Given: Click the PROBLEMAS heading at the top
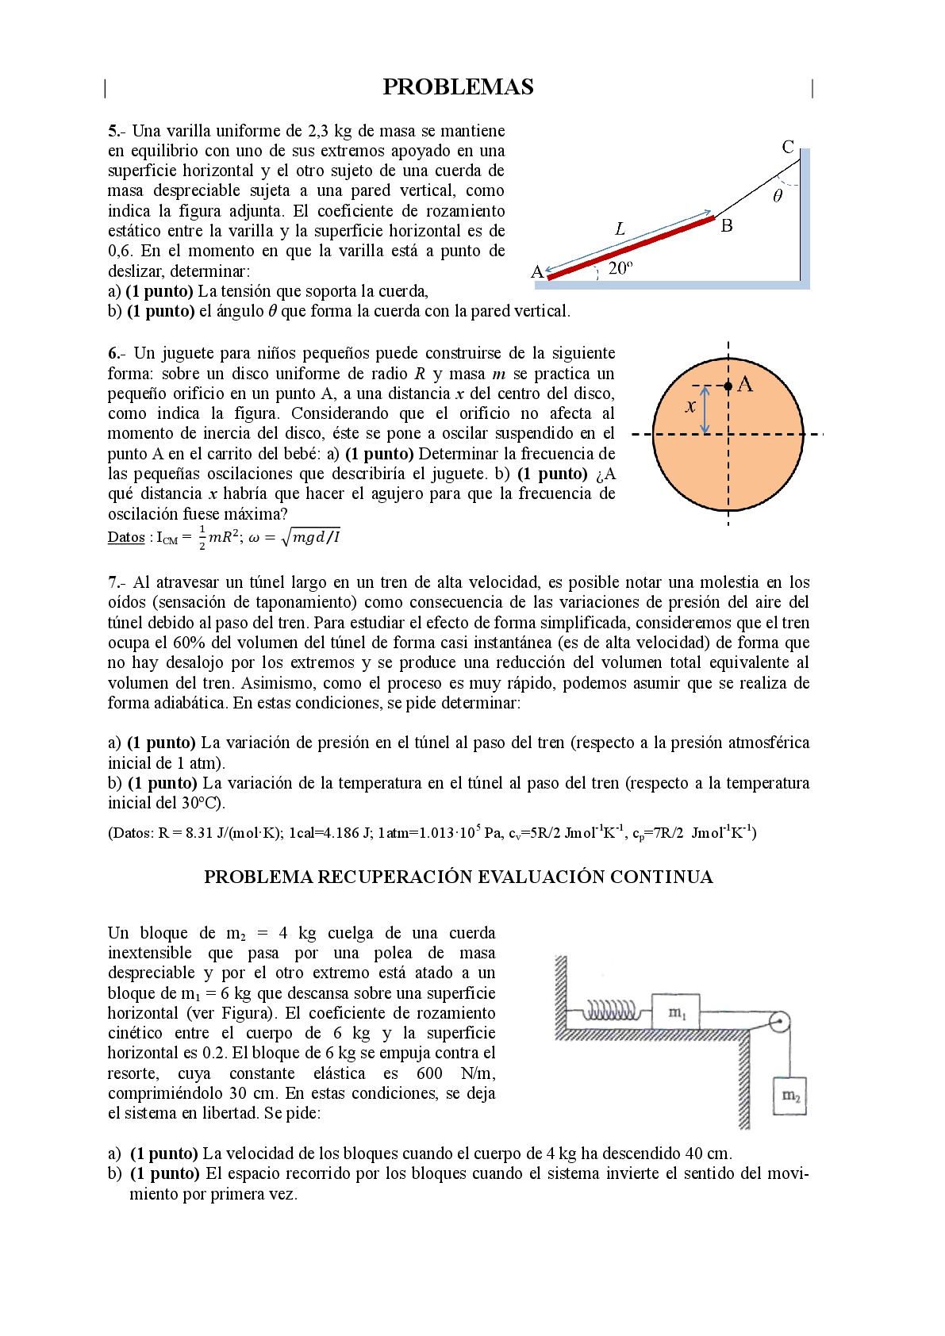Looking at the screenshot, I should [x=458, y=87].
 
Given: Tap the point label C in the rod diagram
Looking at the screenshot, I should [x=787, y=147].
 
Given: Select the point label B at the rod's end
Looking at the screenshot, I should [x=726, y=226].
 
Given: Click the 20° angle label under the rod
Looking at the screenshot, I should [x=620, y=268].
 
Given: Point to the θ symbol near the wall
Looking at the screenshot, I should [x=777, y=196].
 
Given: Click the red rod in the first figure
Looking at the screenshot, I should [x=631, y=248].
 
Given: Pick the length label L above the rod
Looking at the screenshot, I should [x=620, y=229].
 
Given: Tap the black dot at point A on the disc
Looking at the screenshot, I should [x=728, y=386].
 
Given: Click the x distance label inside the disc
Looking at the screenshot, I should [x=690, y=406].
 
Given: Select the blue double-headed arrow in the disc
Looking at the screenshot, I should [x=705, y=410].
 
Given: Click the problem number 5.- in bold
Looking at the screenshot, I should [x=116, y=131].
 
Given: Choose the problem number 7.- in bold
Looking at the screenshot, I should [x=116, y=582].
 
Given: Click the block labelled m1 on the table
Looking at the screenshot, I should [x=675, y=1012].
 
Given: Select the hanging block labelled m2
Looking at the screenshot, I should [x=790, y=1096].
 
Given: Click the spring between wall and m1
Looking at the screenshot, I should [x=611, y=1012].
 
